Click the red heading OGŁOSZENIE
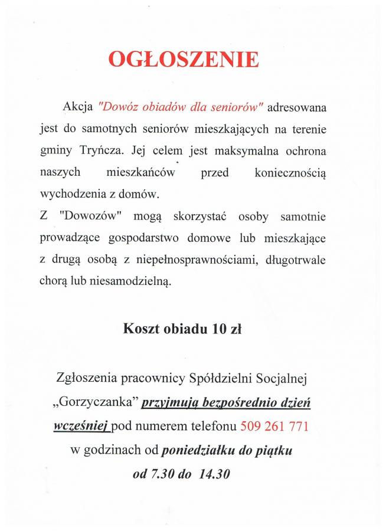pyautogui.click(x=184, y=60)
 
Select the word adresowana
pyautogui.click(x=300, y=108)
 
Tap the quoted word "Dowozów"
pyautogui.click(x=90, y=217)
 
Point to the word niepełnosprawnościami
pyautogui.click(x=204, y=260)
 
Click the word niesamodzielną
pyautogui.click(x=131, y=282)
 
